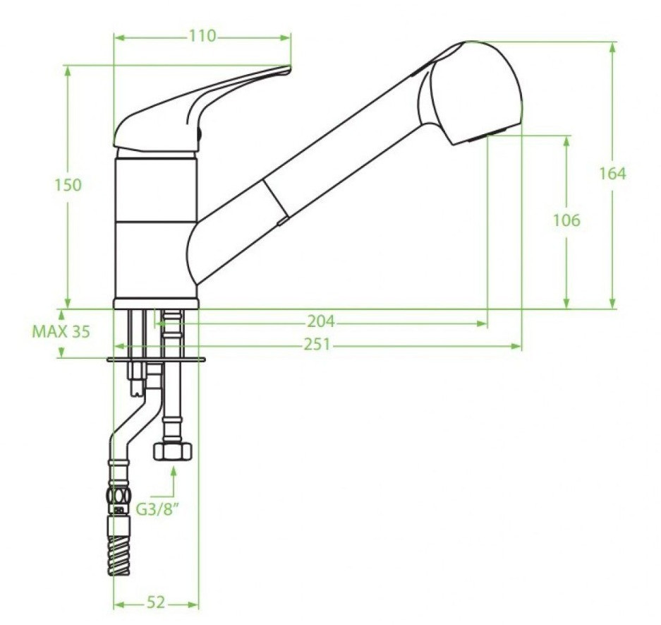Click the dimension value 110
(202, 36)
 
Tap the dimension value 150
(68, 185)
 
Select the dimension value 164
(612, 174)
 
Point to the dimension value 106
(566, 220)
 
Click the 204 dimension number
(320, 321)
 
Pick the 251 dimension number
(317, 345)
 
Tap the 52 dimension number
(156, 602)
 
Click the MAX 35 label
(61, 332)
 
